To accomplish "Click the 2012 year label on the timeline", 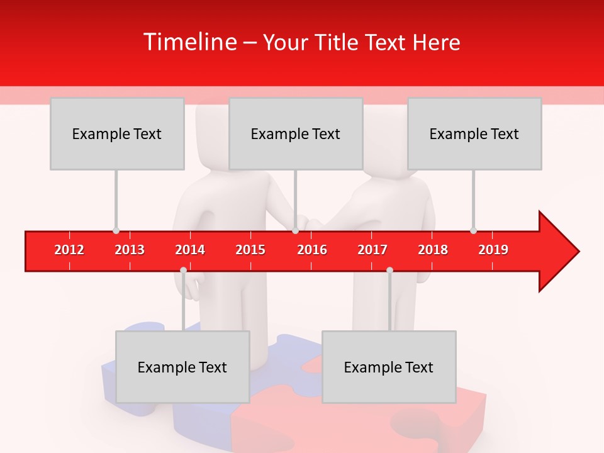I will pyautogui.click(x=69, y=250).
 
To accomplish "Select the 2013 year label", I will pyautogui.click(x=130, y=250).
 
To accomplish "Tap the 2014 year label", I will pyautogui.click(x=190, y=250).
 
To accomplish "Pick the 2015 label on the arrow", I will pyautogui.click(x=250, y=250).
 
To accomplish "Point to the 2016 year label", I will pyautogui.click(x=312, y=250).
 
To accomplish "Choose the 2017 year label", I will pyautogui.click(x=372, y=250).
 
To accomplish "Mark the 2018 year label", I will pyautogui.click(x=433, y=250).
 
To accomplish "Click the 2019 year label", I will pyautogui.click(x=493, y=250).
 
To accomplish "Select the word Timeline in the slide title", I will pyautogui.click(x=189, y=42).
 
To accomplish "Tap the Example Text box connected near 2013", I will pyautogui.click(x=117, y=134).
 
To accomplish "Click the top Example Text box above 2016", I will pyautogui.click(x=296, y=134).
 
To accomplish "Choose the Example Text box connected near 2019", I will pyautogui.click(x=474, y=134).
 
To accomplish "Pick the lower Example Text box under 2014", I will pyautogui.click(x=182, y=367).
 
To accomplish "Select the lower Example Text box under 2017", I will pyautogui.click(x=389, y=367).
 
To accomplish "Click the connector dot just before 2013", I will pyautogui.click(x=116, y=230).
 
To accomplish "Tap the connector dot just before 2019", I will pyautogui.click(x=473, y=230).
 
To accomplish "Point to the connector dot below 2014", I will pyautogui.click(x=183, y=271).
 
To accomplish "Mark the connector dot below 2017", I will pyautogui.click(x=389, y=271).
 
